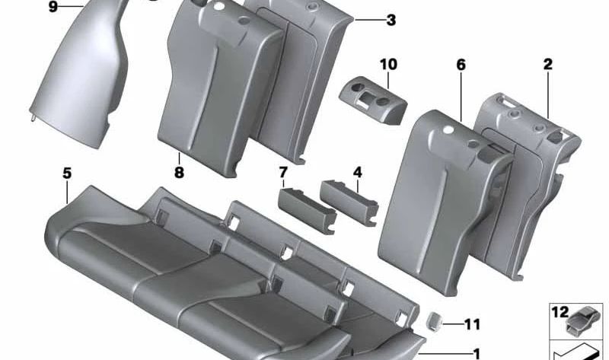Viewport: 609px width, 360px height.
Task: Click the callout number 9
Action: pos(53,7)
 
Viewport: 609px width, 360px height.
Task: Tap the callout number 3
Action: pos(391,20)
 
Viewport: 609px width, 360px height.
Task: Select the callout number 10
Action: pos(388,64)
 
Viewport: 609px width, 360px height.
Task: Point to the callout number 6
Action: pos(461,65)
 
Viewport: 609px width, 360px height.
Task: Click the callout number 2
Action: pos(547,64)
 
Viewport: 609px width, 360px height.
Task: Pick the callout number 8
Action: pos(179,172)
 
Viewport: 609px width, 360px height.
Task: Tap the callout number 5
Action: pos(67,174)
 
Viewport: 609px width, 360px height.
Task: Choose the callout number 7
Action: pos(283,172)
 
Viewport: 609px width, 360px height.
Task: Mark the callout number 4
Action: pos(357,172)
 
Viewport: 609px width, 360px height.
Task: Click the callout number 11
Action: pos(472,324)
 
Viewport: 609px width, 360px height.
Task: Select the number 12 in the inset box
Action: pos(560,312)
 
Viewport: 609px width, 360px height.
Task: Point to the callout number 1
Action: pos(477,354)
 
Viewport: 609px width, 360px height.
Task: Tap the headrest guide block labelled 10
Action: pos(372,100)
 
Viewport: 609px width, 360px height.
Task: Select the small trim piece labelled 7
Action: pos(307,210)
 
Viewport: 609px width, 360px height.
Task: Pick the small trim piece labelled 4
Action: pos(349,202)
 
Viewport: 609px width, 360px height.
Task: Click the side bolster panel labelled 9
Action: pos(81,72)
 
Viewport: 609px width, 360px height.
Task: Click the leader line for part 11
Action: pos(452,323)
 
